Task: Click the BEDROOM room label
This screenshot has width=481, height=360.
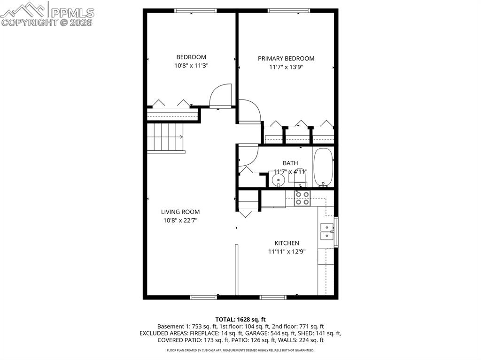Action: tap(191, 57)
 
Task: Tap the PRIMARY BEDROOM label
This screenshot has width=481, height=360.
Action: tap(286, 59)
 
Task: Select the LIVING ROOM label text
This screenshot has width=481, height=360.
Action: tap(180, 212)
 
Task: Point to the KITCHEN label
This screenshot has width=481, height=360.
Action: tap(287, 243)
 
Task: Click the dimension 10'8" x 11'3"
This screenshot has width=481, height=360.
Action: tap(191, 66)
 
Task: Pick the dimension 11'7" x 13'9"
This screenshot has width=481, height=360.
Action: tap(286, 67)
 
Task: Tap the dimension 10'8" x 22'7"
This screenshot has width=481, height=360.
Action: tap(180, 220)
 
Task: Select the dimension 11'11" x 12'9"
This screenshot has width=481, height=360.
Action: tap(287, 252)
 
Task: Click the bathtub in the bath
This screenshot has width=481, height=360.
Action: tap(323, 167)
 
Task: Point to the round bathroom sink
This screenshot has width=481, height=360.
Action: tap(279, 179)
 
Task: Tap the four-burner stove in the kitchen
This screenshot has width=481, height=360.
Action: tap(302, 199)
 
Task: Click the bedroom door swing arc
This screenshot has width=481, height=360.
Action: tap(220, 96)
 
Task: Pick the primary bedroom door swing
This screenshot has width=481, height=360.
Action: tap(249, 112)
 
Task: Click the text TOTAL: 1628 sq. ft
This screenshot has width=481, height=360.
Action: tap(240, 319)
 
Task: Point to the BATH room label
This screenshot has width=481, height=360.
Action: tap(290, 163)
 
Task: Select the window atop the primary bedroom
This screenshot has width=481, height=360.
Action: tap(289, 10)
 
